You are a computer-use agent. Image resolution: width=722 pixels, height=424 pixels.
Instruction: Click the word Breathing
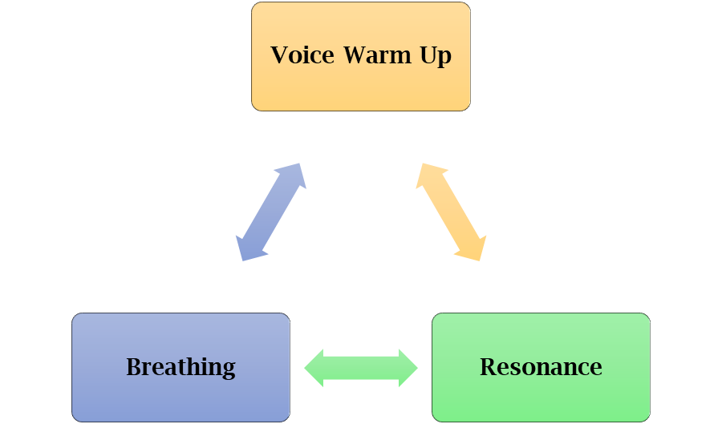coord(180,367)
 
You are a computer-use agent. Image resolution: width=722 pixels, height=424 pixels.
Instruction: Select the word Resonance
coord(541,367)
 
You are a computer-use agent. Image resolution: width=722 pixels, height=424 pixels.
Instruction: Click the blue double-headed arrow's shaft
coord(271,212)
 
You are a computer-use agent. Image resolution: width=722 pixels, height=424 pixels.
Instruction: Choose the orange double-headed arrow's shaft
coord(451,212)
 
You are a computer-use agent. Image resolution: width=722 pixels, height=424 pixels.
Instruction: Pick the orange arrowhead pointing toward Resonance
coord(474,249)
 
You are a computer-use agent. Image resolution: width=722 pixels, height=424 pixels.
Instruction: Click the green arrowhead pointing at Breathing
coord(314,365)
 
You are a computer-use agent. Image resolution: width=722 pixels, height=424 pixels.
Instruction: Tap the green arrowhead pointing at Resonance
coord(408,365)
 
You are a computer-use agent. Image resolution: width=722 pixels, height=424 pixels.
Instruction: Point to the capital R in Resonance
coord(487,367)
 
